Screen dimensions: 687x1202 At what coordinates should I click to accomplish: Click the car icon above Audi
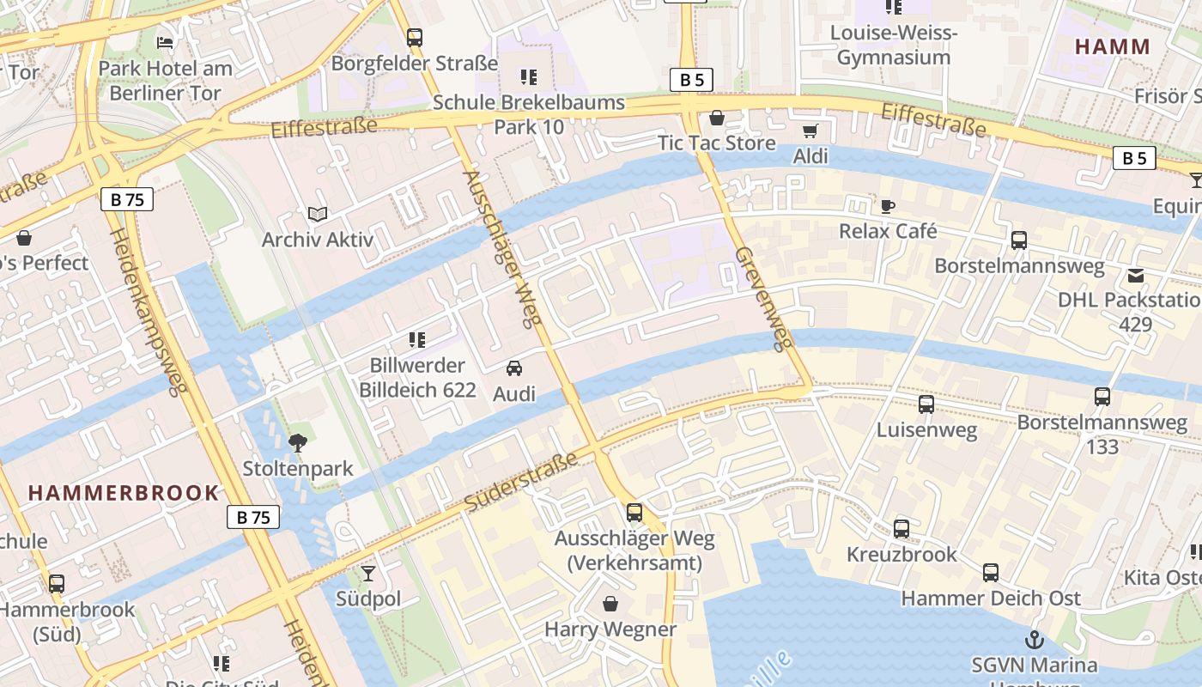point(514,368)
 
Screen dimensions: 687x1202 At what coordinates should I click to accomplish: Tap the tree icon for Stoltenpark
point(298,443)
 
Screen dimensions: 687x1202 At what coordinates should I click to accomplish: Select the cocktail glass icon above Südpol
point(368,573)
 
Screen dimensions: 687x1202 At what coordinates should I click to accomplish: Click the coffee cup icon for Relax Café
point(888,206)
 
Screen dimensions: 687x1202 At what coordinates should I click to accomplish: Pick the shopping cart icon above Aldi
point(810,131)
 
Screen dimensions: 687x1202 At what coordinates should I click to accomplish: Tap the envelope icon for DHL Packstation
point(1136,275)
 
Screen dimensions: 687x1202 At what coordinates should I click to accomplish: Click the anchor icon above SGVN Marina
point(1035,639)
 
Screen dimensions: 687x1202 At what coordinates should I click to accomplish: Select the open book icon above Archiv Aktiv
point(318,214)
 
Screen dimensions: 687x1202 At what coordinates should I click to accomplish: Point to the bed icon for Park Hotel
point(165,42)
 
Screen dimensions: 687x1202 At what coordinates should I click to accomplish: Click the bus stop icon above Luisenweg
point(926,404)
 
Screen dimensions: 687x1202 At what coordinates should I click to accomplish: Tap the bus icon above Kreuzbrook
point(901,529)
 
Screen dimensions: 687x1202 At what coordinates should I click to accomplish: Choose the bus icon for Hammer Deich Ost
point(991,573)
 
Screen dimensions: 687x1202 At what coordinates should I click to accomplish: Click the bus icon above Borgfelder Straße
point(415,38)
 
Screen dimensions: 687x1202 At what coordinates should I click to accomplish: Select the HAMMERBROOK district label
point(124,493)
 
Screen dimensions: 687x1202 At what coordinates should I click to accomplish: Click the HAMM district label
point(1112,46)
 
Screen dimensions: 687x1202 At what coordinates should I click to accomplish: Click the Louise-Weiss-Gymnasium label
point(894,46)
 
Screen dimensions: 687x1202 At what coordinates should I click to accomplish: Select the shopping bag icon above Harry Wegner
point(610,604)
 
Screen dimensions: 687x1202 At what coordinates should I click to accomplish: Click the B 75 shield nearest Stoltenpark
point(253,517)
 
